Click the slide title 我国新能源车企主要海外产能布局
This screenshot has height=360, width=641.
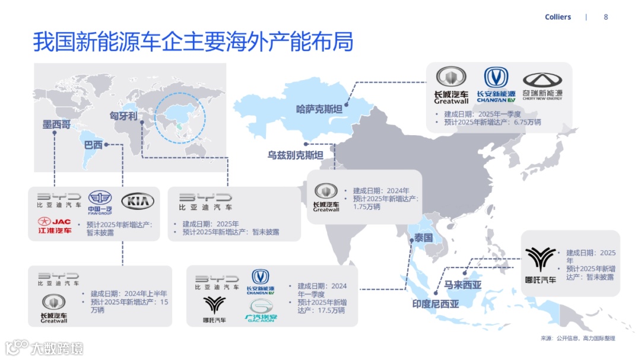(x=193, y=43)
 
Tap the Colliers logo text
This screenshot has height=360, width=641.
(x=558, y=17)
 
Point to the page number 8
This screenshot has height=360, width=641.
(x=606, y=17)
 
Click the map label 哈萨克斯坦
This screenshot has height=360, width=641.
(x=319, y=109)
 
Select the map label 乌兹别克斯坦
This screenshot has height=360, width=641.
(x=295, y=155)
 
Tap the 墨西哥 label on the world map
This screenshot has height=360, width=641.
(x=56, y=125)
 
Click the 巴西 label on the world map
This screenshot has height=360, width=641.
(x=93, y=145)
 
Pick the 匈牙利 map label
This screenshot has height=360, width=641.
(x=123, y=116)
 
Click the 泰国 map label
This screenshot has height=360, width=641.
(x=424, y=238)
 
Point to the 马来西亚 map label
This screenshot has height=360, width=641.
(x=463, y=285)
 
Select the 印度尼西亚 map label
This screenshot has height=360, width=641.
(x=436, y=304)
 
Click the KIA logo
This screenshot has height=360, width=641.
(x=138, y=202)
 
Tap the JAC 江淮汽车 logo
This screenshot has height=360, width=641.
(x=55, y=225)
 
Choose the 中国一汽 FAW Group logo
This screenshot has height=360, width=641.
(x=100, y=203)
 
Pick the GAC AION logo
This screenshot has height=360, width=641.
(x=261, y=311)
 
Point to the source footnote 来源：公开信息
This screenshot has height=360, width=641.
(x=577, y=338)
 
